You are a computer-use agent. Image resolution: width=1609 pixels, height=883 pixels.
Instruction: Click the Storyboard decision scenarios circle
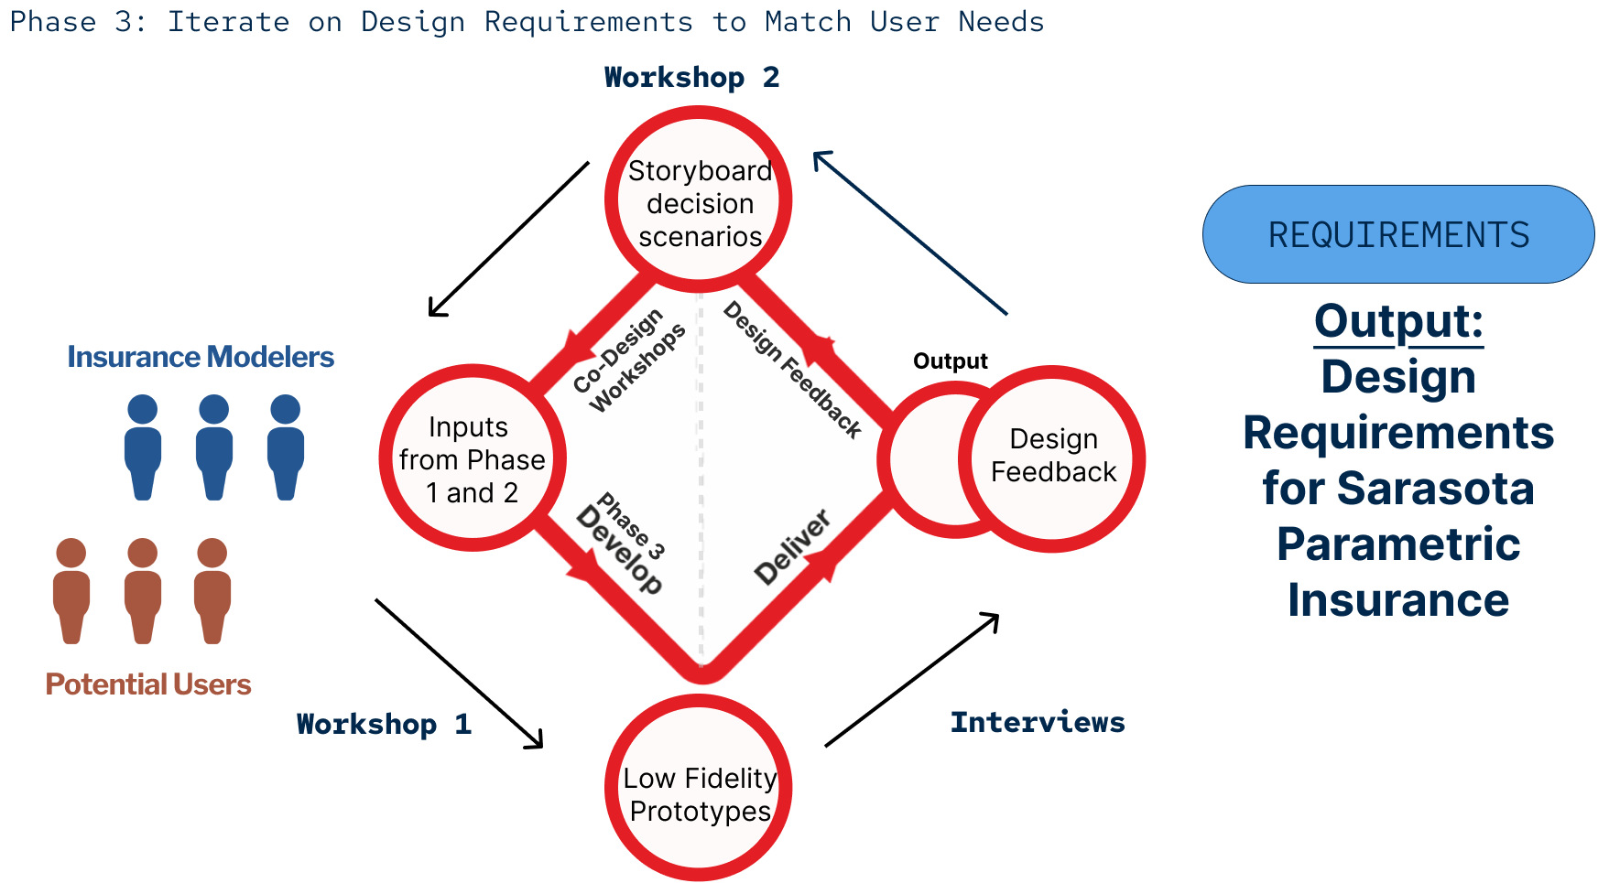click(x=699, y=200)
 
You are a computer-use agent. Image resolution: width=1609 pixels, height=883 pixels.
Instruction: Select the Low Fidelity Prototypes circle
click(x=699, y=789)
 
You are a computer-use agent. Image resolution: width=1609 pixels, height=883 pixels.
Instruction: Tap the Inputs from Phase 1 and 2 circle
click(x=473, y=458)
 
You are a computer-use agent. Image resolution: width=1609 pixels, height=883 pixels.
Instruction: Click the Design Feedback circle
click(x=1053, y=458)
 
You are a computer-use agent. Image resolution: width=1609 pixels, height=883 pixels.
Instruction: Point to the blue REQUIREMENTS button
click(x=1397, y=235)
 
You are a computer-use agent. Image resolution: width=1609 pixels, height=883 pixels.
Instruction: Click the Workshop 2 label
click(x=691, y=78)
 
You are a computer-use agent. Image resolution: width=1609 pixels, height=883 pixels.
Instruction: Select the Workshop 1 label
click(x=384, y=725)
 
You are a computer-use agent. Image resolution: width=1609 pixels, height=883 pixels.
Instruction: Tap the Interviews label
click(x=1038, y=723)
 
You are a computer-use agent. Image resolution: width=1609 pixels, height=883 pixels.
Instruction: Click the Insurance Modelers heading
click(x=201, y=357)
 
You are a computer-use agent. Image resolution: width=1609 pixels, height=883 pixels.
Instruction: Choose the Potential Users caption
click(x=148, y=684)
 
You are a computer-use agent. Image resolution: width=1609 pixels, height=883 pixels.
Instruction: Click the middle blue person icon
click(x=214, y=447)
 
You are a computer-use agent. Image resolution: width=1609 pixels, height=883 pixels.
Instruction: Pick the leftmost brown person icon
click(x=71, y=590)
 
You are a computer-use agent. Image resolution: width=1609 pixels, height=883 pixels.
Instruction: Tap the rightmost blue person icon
click(x=286, y=447)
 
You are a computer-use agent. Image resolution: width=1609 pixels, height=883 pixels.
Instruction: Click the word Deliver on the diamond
click(x=793, y=547)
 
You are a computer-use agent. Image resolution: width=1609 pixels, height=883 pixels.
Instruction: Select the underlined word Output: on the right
click(x=1398, y=322)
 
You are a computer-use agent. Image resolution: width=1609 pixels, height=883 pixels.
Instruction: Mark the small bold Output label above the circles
click(x=951, y=361)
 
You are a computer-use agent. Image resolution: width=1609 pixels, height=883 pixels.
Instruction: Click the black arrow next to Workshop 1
click(x=459, y=673)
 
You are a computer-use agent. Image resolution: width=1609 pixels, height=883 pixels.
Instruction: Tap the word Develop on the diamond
click(x=619, y=550)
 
